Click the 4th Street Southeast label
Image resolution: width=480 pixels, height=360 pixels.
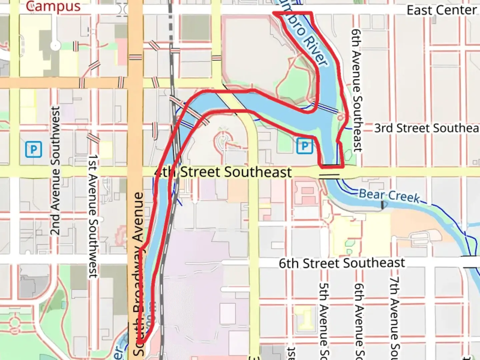pos(223,172)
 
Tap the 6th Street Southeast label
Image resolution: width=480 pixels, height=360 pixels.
pos(342,263)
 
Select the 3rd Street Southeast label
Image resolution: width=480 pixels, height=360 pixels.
pos(426,128)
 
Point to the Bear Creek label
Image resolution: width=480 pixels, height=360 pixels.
pos(389,196)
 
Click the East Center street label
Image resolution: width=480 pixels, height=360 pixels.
pos(442,10)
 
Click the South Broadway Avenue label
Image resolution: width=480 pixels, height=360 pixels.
pos(138,273)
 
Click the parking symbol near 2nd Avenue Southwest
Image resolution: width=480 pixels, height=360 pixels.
pos(34,149)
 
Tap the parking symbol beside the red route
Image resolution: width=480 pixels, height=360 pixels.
pos(304,146)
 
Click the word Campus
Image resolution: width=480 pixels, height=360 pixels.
pos(53,6)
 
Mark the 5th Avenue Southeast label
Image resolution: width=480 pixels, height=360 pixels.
pos(324,320)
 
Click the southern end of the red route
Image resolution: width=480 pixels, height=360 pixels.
pos(140,342)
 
